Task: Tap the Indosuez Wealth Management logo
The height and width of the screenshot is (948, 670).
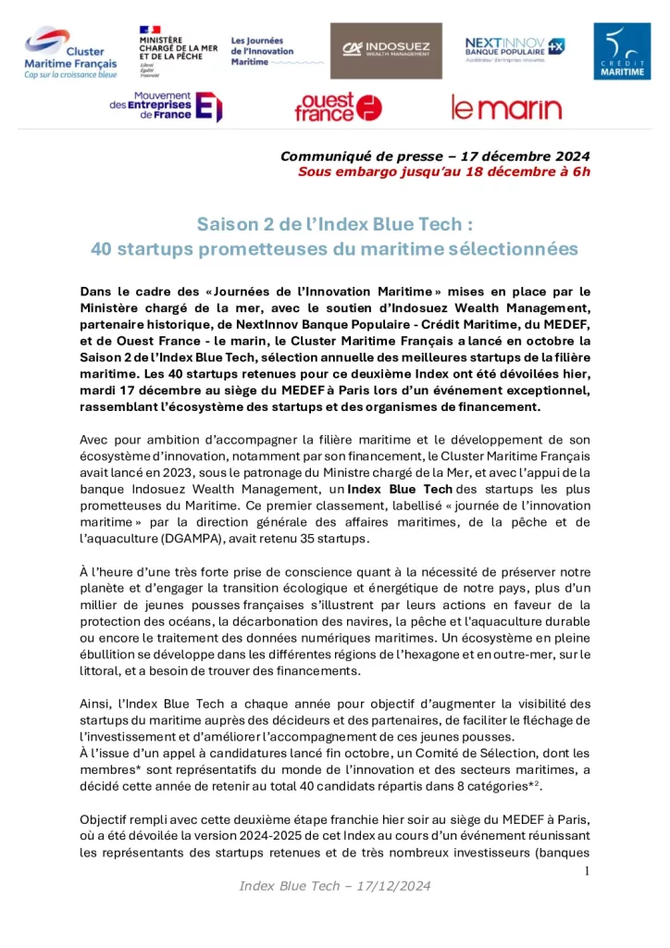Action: (x=386, y=51)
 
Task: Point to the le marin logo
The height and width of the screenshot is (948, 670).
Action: (x=506, y=108)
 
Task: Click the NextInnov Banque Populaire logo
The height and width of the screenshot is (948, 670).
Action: (x=515, y=47)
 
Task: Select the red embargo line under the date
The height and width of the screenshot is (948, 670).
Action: (x=443, y=171)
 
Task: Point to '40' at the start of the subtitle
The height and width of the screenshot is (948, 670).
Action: (x=101, y=249)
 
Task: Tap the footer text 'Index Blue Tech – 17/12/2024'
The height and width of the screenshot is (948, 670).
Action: (x=335, y=886)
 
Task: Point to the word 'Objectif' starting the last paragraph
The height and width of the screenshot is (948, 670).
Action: (x=109, y=821)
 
